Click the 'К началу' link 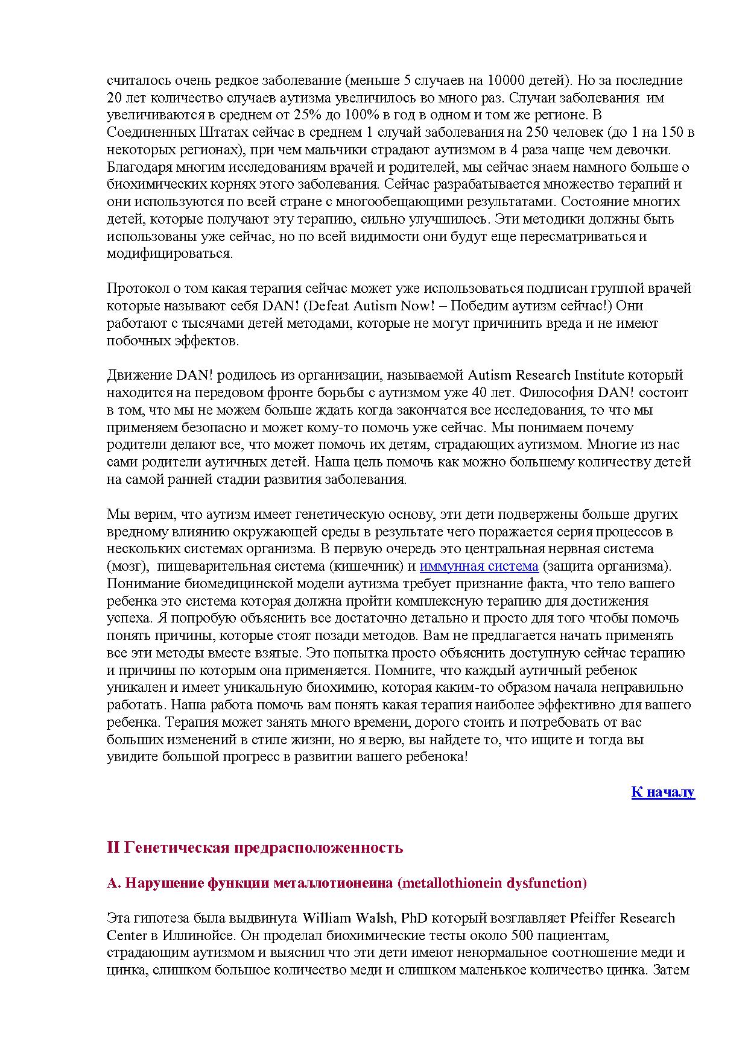[x=663, y=792]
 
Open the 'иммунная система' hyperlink [x=478, y=566]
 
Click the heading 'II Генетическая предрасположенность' [x=255, y=848]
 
